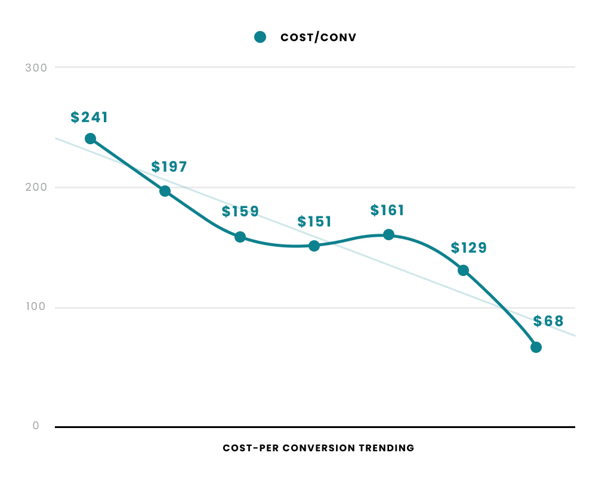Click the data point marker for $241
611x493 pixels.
[90, 139]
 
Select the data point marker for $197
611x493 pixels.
[165, 191]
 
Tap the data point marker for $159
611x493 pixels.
[240, 237]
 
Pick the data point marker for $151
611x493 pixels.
[314, 246]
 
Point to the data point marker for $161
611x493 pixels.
[388, 234]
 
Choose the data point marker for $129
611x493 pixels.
[463, 271]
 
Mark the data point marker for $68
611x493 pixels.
[536, 348]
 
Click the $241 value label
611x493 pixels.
[90, 117]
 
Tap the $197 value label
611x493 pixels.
[169, 167]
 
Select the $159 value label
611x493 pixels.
[240, 212]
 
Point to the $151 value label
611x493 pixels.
[314, 222]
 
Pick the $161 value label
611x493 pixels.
[387, 210]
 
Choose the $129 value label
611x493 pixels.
[469, 248]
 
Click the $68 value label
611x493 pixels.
[548, 321]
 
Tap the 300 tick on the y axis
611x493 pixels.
[36, 67]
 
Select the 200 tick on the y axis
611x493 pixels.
[36, 187]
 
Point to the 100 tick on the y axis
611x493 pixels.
[36, 307]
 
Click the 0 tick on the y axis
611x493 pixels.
[36, 426]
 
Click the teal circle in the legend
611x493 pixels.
[260, 38]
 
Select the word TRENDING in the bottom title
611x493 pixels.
[386, 448]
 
